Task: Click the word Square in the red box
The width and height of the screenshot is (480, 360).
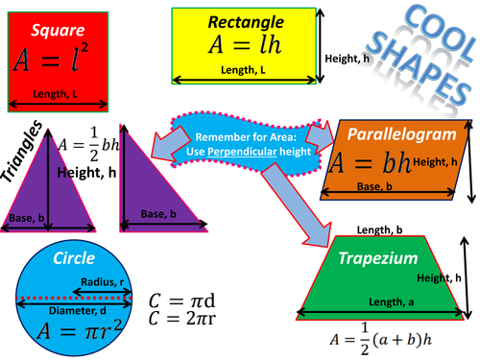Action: click(58, 31)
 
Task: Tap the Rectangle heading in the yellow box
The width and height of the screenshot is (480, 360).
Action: click(246, 23)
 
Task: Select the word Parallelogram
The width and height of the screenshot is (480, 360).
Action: click(402, 134)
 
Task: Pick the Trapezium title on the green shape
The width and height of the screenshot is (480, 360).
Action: click(378, 258)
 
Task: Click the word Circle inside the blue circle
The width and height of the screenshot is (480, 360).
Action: click(74, 258)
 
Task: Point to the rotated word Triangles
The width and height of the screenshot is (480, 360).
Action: click(22, 152)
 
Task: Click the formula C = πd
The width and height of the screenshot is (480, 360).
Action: click(181, 300)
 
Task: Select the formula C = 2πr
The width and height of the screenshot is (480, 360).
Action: click(182, 319)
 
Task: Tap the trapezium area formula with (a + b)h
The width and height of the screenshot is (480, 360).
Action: click(381, 339)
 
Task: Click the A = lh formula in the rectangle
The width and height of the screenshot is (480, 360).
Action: click(245, 44)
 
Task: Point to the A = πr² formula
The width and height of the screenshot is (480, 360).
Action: click(80, 330)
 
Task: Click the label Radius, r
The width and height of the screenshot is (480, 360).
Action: click(102, 282)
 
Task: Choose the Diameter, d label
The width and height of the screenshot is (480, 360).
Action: click(78, 311)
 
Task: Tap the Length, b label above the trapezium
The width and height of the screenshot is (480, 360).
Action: click(379, 229)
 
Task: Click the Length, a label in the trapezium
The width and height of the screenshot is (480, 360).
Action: click(391, 301)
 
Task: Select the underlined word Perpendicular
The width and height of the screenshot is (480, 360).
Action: click(242, 152)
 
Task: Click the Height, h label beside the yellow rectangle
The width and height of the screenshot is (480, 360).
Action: click(348, 59)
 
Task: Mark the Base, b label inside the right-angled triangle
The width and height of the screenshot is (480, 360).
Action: click(158, 214)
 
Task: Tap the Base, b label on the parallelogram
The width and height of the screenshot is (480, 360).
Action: click(374, 186)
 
